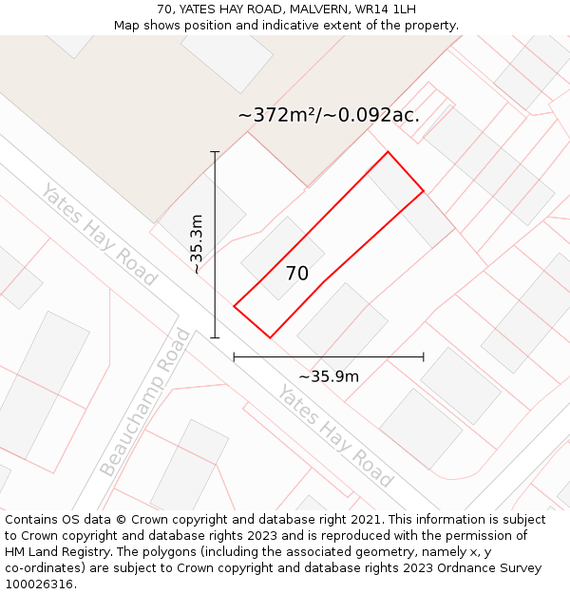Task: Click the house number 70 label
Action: point(297,274)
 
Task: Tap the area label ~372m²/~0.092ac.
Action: point(329,115)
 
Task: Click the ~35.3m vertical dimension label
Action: point(197,244)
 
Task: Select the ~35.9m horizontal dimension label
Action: point(329,376)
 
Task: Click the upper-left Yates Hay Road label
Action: point(98,235)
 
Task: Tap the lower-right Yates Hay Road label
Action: point(335,436)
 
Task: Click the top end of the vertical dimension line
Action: point(215,152)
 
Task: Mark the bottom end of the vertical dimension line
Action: point(215,337)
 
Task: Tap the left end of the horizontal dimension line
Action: point(234,357)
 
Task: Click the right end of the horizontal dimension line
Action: point(424,357)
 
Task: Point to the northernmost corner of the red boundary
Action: point(388,152)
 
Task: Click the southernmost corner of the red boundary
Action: point(271,337)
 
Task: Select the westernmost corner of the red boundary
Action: point(234,306)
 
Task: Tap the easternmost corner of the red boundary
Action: point(424,191)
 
